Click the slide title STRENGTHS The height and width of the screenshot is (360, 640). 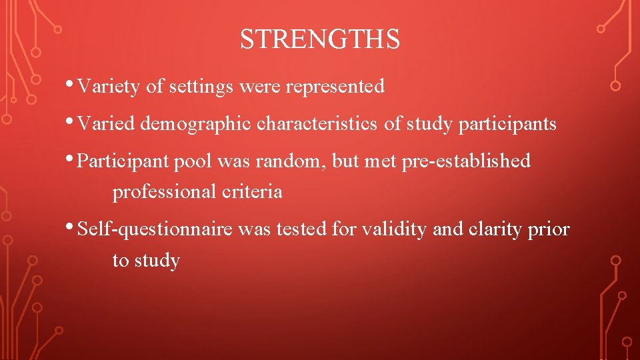(320, 40)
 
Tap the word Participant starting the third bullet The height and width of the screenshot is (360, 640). (125, 161)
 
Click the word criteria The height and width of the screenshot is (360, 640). (252, 192)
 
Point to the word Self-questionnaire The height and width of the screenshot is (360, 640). (155, 230)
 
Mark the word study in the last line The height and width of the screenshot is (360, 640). (157, 261)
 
